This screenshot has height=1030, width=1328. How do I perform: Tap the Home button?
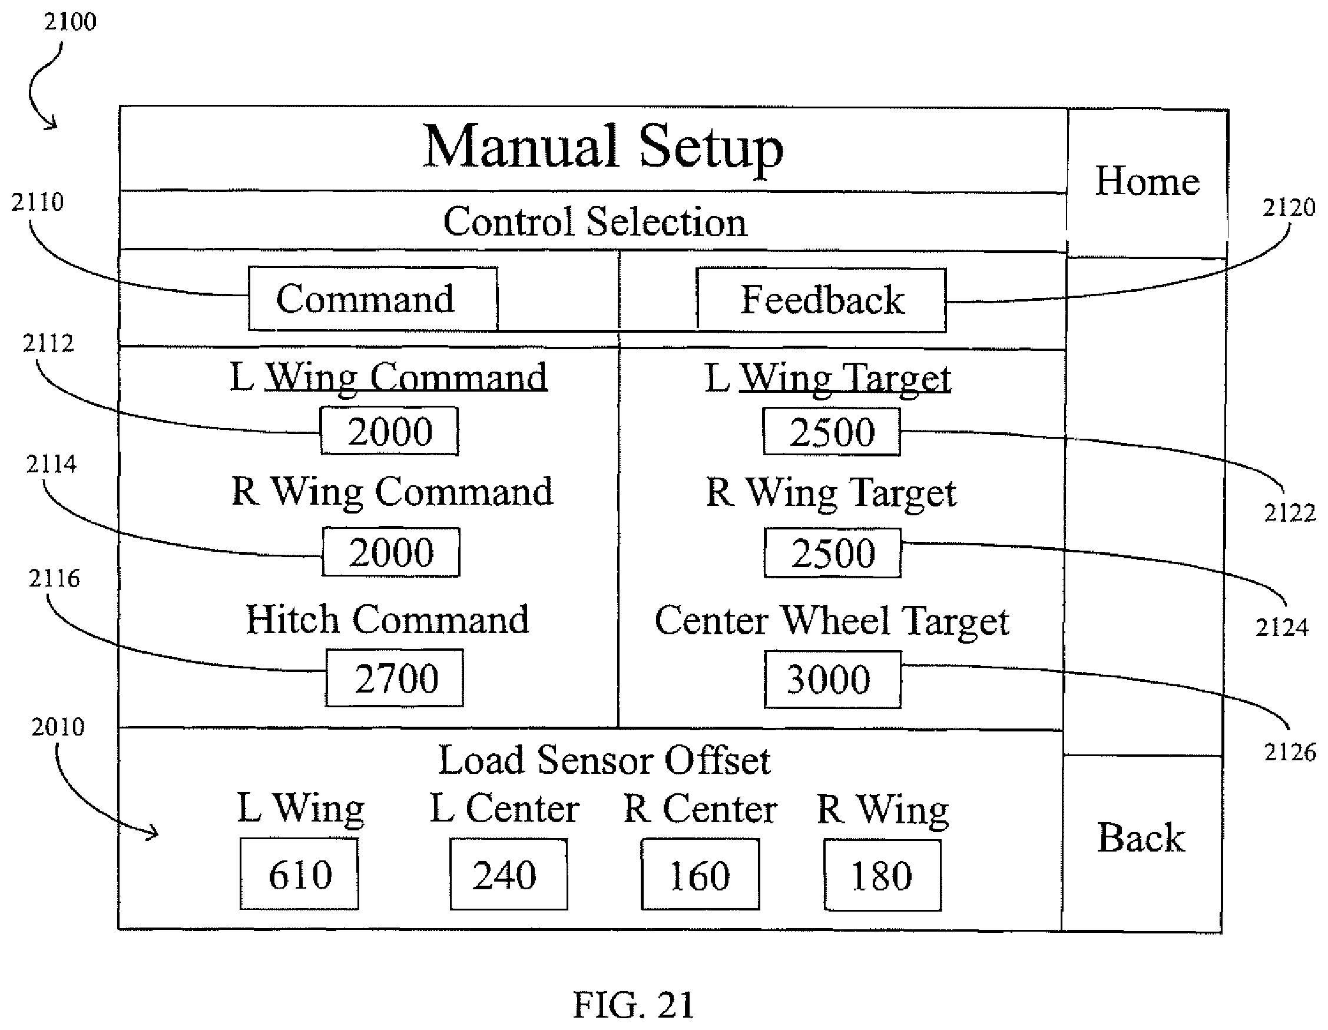(x=1147, y=183)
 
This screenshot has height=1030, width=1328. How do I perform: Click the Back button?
(x=1142, y=843)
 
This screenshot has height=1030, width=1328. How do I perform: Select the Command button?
(x=373, y=299)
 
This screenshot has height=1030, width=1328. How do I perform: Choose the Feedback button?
(x=821, y=300)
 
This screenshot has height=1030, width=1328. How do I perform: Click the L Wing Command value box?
(x=389, y=430)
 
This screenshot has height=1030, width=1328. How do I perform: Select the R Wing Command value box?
(x=391, y=551)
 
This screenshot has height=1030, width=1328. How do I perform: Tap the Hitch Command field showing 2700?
(x=395, y=677)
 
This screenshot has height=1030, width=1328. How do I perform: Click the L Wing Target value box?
(x=832, y=432)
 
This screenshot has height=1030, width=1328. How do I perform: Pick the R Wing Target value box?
(x=833, y=553)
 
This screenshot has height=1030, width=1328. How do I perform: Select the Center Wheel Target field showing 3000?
(x=833, y=679)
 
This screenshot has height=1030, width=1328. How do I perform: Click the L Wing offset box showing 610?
(x=299, y=874)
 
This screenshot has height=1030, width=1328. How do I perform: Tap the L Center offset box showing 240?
(x=509, y=875)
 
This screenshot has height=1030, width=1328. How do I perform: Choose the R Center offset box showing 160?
(x=700, y=875)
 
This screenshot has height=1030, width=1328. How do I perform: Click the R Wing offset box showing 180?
(x=883, y=875)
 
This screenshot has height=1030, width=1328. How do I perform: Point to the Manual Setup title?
(x=603, y=147)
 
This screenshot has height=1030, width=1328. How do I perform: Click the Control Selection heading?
(x=595, y=221)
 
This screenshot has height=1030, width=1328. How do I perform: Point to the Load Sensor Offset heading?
(x=604, y=760)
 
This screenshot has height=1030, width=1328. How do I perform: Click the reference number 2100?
(x=70, y=22)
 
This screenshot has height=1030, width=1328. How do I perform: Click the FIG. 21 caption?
(x=634, y=1005)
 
